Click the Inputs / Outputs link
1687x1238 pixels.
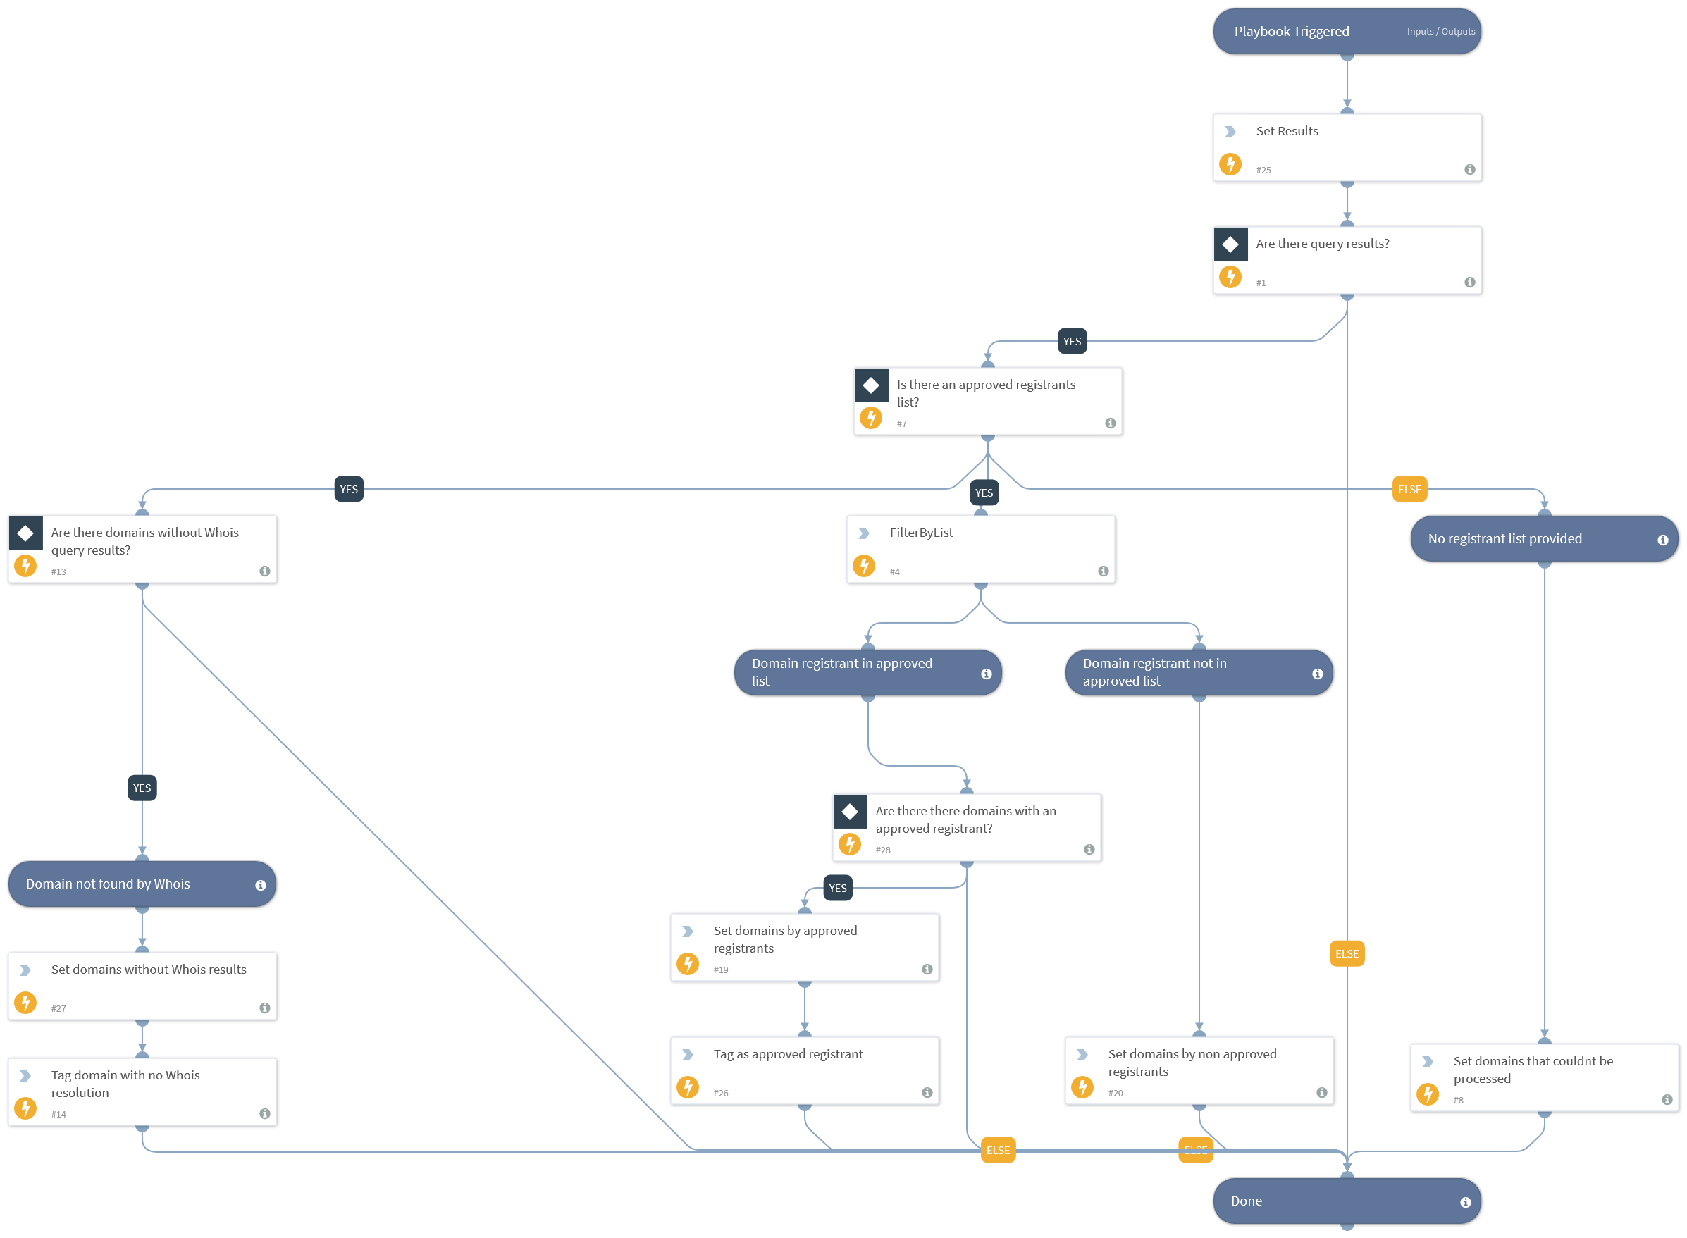click(1440, 32)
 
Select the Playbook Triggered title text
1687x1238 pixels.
click(1290, 32)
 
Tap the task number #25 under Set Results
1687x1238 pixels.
click(1263, 170)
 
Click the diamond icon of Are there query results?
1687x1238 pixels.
click(1230, 244)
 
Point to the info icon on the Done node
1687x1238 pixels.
click(1464, 1201)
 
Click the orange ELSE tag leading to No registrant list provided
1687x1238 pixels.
click(1408, 490)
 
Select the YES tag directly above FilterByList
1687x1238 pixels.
click(983, 493)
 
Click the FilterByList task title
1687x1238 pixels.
click(920, 533)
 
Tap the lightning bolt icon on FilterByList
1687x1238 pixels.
click(863, 565)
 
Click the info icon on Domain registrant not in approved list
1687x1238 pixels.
click(1317, 674)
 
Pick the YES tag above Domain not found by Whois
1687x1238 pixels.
click(142, 788)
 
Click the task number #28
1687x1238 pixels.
click(883, 850)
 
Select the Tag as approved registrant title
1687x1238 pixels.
click(788, 1053)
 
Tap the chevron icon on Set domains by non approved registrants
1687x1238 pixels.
click(1082, 1054)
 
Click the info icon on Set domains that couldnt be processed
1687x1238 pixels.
click(1666, 1099)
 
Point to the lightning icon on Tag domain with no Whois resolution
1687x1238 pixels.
click(25, 1108)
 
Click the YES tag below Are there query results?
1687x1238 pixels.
click(1072, 341)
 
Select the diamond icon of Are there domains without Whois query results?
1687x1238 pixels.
click(25, 533)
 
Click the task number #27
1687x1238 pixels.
click(58, 1009)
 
